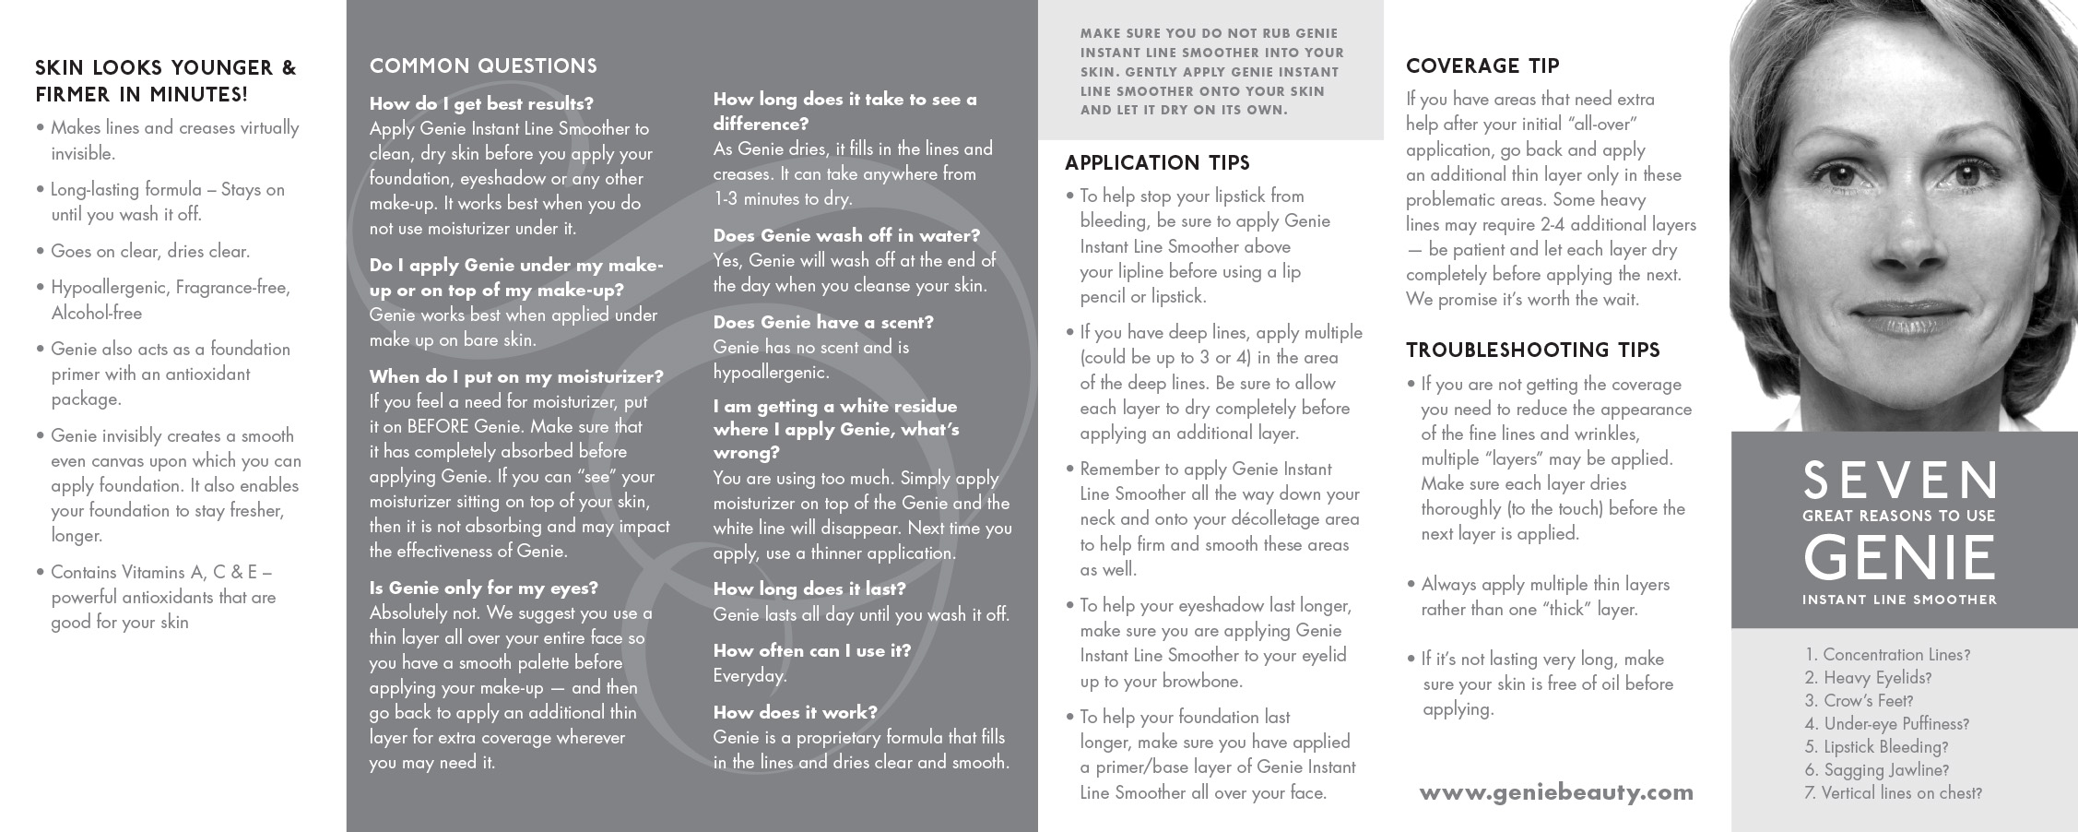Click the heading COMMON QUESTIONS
click(483, 66)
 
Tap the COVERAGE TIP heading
click(1482, 66)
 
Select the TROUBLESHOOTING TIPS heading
click(1532, 351)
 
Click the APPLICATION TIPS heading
click(1157, 163)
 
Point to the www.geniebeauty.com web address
click(1556, 792)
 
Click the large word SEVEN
click(1899, 480)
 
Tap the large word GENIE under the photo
click(1899, 557)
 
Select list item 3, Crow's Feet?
click(1859, 701)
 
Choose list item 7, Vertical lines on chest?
click(1893, 793)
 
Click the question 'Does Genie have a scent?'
click(823, 323)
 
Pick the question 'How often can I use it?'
click(811, 651)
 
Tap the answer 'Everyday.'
click(750, 676)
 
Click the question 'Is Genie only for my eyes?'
click(484, 588)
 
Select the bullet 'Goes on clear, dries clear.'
click(150, 252)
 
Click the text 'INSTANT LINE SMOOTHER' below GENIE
click(1899, 600)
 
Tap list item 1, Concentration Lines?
click(1887, 655)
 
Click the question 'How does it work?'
click(795, 713)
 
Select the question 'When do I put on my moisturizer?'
click(516, 377)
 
